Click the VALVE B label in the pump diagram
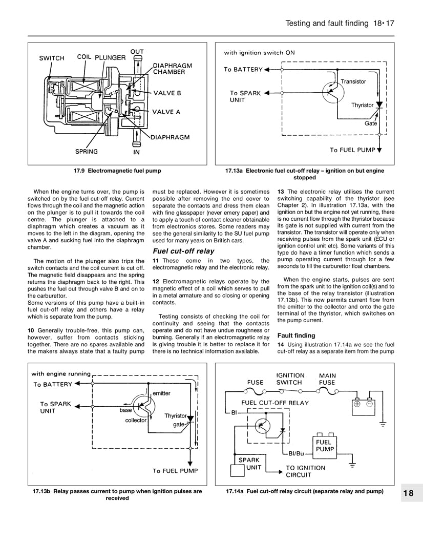167,93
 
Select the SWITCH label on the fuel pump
52,58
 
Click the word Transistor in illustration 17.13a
353,81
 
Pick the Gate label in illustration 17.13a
371,123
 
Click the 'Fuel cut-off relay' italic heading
184,251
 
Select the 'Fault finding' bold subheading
297,336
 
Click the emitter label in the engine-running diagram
162,393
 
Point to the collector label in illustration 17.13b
136,420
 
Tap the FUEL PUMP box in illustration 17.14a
325,445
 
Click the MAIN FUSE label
327,379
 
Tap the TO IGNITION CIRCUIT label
305,471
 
